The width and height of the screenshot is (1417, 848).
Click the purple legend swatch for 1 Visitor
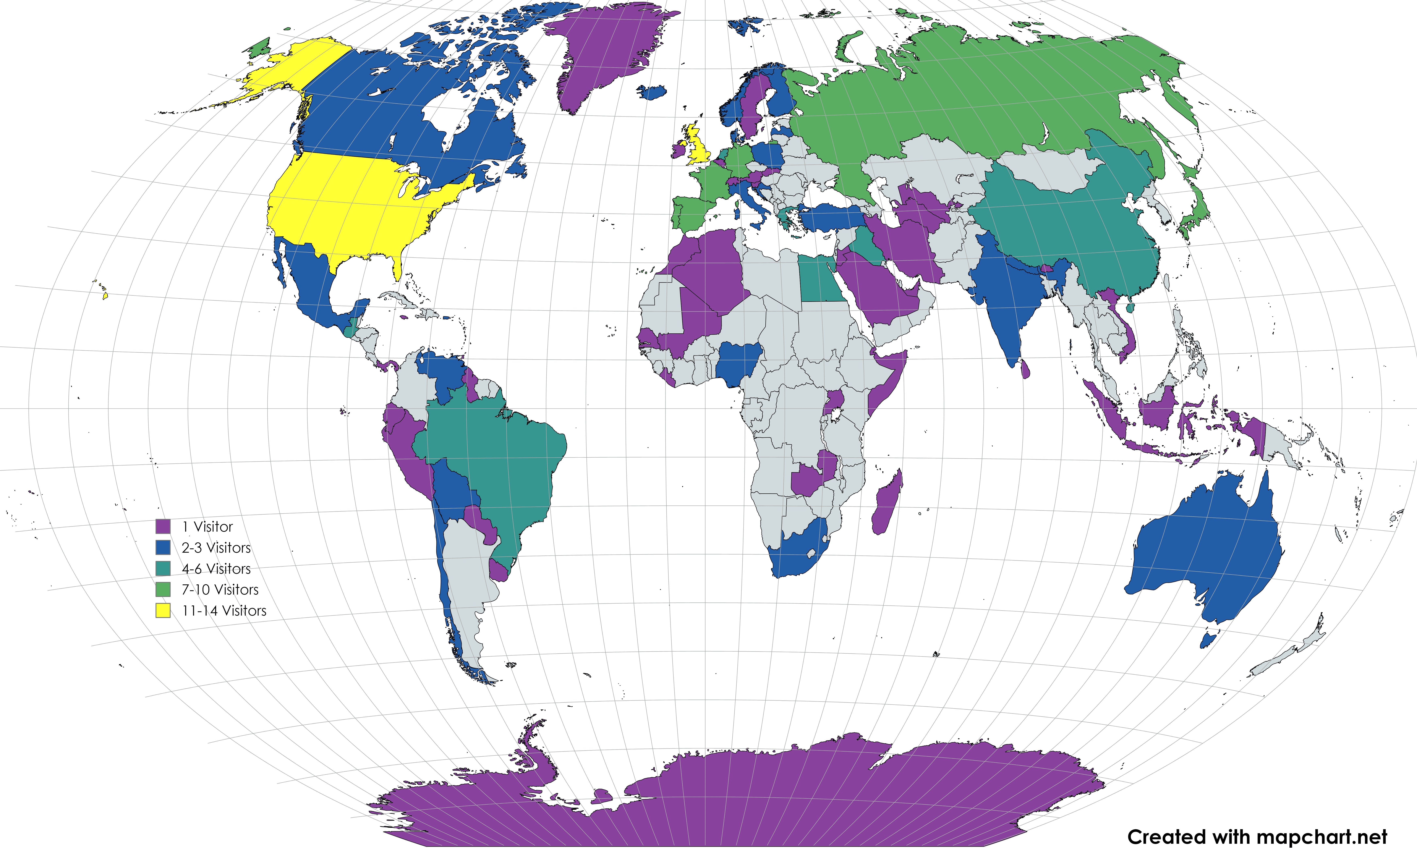[x=163, y=526]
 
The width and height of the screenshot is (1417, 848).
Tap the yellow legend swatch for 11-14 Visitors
[x=163, y=610]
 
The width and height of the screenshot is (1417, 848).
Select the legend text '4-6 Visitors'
[x=216, y=569]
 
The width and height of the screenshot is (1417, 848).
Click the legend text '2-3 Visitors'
[x=216, y=547]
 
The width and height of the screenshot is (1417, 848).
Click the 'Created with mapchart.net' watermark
[x=1257, y=837]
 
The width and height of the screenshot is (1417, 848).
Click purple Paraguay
[x=480, y=521]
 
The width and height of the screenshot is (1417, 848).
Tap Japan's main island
[x=1195, y=214]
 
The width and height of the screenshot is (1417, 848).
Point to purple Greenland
[x=606, y=51]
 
